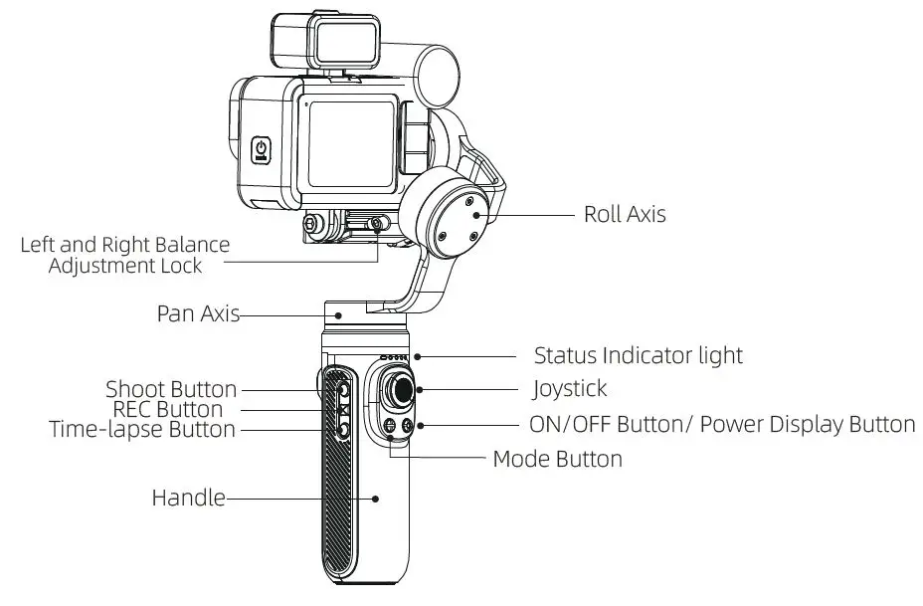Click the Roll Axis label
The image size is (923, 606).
tap(624, 214)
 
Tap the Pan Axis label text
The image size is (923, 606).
tap(198, 313)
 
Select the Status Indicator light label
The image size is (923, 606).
tap(638, 355)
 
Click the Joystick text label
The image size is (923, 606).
tap(570, 388)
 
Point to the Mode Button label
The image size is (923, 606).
tap(557, 459)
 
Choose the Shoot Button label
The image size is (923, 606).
tap(171, 389)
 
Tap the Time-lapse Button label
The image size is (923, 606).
tap(142, 430)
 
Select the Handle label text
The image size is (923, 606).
tap(188, 497)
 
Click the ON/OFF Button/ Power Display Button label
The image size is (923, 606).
tap(723, 425)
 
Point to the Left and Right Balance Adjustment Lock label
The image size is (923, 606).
tap(125, 255)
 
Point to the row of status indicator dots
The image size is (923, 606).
tap(394, 357)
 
